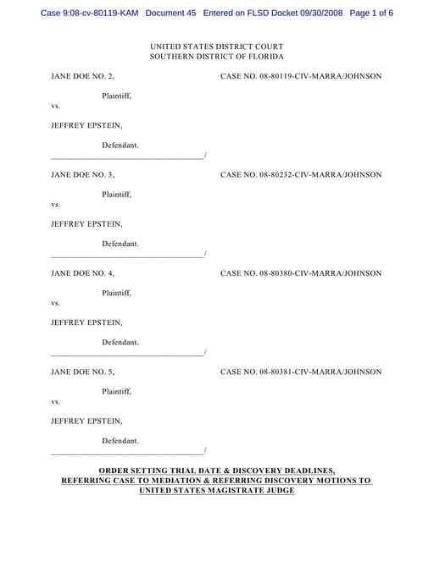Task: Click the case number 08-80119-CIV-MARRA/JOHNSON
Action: pos(300,76)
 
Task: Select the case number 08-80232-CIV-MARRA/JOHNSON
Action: pos(300,175)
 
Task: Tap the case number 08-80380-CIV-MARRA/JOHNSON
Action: pos(300,273)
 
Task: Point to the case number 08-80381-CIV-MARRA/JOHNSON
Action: pos(300,371)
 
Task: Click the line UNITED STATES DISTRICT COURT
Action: pos(216,46)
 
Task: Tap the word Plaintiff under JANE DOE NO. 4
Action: pos(116,293)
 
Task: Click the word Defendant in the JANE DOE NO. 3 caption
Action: pos(120,244)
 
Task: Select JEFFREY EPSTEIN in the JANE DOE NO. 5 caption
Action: pos(86,421)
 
